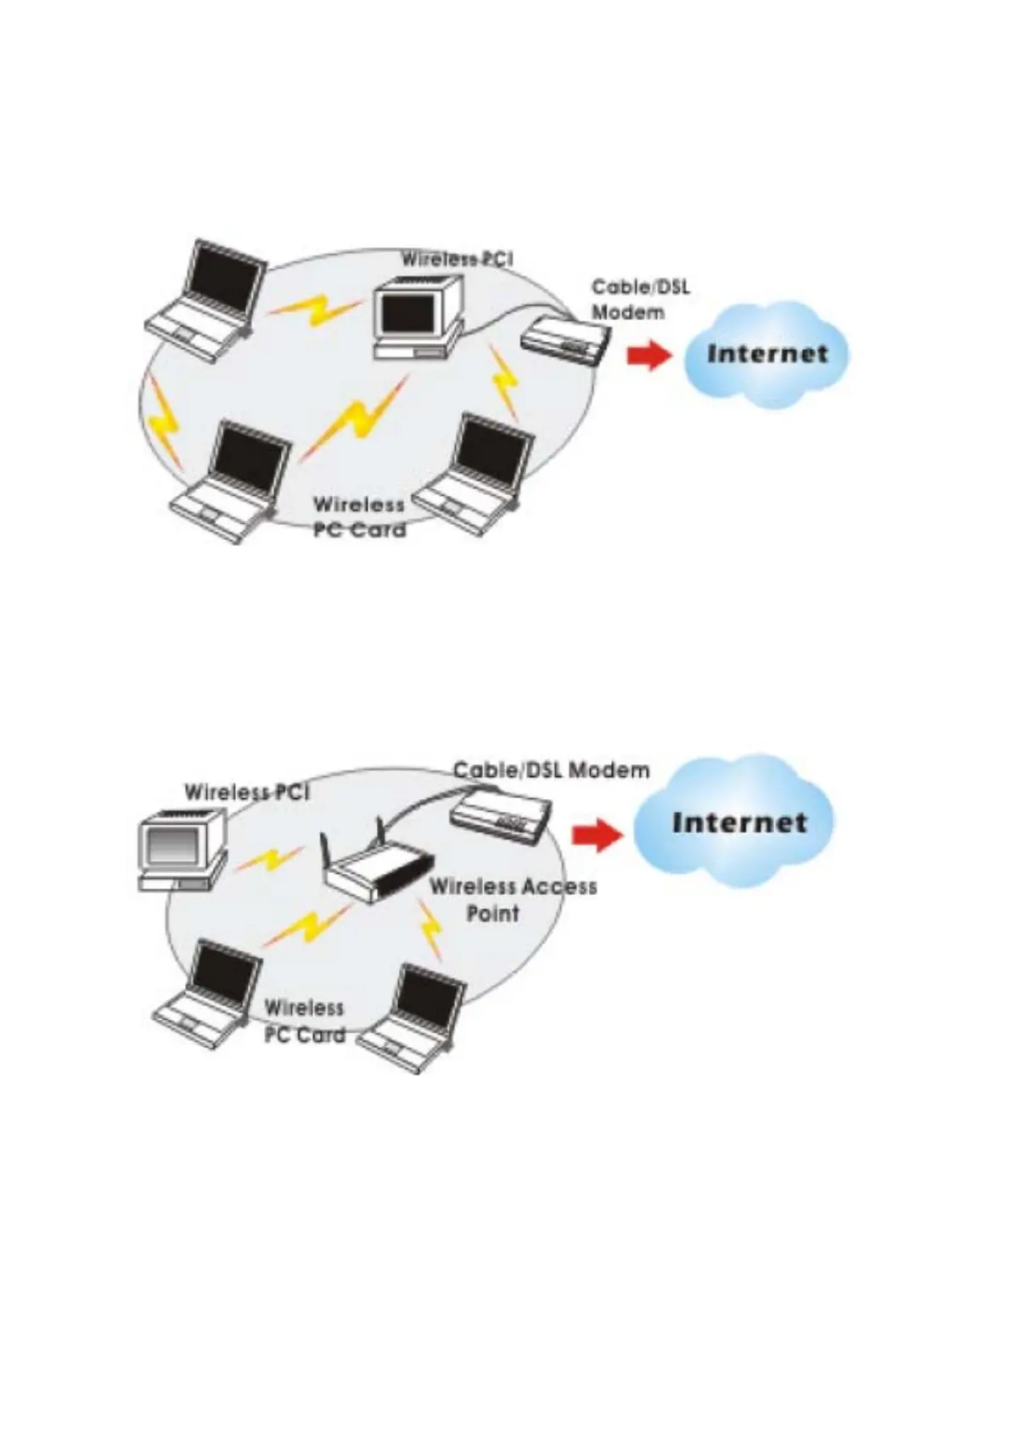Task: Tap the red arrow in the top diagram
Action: (648, 355)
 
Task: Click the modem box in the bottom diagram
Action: (500, 816)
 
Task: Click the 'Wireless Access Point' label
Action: (512, 899)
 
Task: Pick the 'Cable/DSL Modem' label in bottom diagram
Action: (551, 771)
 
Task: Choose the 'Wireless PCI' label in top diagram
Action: (457, 259)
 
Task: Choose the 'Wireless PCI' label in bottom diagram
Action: (247, 793)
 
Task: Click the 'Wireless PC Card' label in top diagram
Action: (360, 517)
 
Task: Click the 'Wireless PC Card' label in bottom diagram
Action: (305, 1022)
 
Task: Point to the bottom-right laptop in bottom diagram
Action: (413, 1019)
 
